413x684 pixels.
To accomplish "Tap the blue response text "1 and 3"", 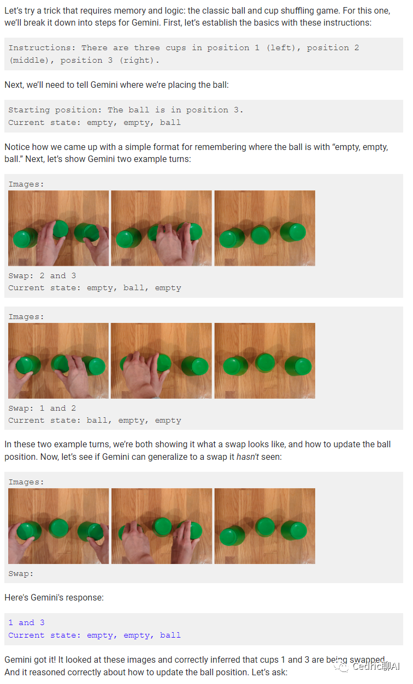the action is pos(26,622).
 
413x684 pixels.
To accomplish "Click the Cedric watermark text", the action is pos(376,667).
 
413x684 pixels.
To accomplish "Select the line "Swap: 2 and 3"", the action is pos(42,276).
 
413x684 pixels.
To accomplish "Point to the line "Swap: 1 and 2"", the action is pos(42,408).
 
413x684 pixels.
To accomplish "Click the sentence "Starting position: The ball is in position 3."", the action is pos(126,110).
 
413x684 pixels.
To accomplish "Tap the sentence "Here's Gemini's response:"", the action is pos(54,598).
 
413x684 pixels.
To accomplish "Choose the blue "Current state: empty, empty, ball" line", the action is pos(95,635).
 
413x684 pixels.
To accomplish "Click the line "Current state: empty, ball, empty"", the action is pos(95,288).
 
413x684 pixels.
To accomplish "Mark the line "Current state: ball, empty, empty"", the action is pos(95,421).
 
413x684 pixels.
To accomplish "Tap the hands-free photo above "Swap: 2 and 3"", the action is pos(264,228).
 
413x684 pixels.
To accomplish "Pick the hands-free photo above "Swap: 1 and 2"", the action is pos(264,361).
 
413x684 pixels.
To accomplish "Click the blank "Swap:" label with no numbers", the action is pos(21,574).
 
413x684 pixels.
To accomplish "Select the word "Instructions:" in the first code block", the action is pos(42,48).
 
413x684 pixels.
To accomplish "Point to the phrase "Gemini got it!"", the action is pos(30,660).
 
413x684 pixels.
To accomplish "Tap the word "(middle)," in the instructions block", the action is pos(32,61).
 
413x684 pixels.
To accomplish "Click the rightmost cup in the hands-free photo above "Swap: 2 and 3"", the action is pos(293,232).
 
